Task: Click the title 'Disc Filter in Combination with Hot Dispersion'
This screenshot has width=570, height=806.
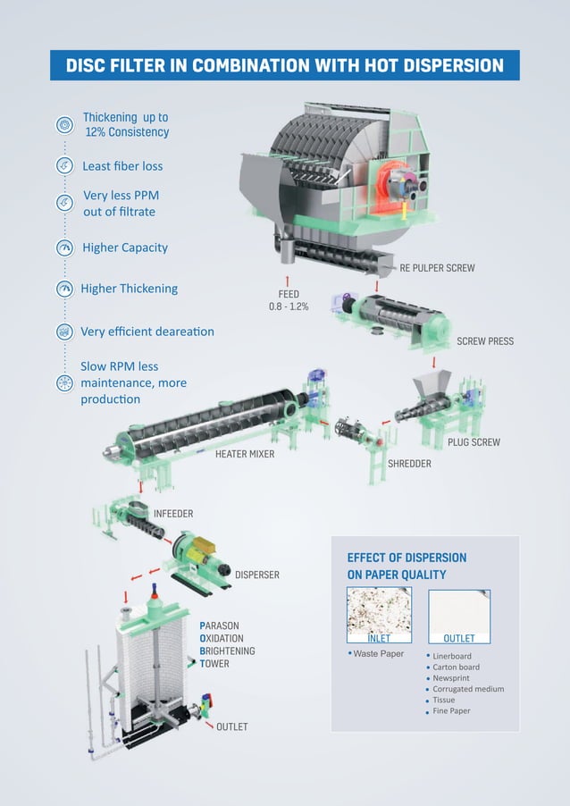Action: click(284, 65)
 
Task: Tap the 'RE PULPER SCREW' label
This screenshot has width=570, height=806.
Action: click(437, 268)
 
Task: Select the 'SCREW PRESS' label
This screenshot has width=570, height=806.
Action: click(485, 341)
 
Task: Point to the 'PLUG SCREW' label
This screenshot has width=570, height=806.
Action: click(474, 442)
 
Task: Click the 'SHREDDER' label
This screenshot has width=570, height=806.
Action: click(409, 464)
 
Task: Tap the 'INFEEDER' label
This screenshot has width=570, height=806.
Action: click(173, 514)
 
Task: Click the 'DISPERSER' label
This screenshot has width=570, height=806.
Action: click(256, 575)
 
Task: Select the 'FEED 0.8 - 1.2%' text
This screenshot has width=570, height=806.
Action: click(289, 300)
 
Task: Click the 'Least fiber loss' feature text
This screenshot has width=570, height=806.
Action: click(122, 166)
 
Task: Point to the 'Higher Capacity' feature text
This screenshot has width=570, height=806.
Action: click(125, 248)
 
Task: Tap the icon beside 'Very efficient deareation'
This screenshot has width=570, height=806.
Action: click(64, 332)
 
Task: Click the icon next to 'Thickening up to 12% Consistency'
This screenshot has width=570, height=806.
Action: click(64, 124)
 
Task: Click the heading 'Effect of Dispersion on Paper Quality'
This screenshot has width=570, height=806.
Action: click(407, 566)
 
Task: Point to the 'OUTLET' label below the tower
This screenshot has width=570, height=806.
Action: click(231, 726)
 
